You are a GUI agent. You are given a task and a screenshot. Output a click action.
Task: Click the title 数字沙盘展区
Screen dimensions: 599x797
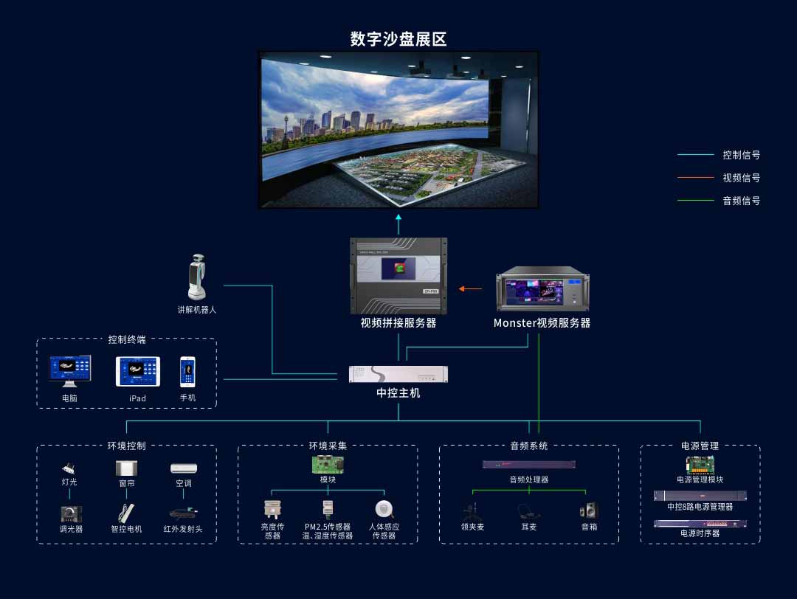click(398, 39)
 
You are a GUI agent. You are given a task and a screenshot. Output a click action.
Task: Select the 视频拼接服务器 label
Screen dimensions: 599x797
click(398, 323)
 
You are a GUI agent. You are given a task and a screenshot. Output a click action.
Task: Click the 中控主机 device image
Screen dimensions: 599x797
click(398, 374)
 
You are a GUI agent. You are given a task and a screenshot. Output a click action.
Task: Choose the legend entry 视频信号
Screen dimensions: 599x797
click(741, 178)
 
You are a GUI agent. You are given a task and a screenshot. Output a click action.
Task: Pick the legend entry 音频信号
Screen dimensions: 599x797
click(741, 201)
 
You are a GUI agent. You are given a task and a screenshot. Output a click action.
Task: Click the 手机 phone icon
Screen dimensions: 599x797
click(188, 372)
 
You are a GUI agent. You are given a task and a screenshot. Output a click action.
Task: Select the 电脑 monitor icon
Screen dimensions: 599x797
click(69, 371)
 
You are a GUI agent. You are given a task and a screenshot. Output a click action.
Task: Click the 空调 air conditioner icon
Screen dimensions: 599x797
click(184, 468)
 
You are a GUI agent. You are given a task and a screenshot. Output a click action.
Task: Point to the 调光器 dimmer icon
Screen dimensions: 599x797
click(72, 513)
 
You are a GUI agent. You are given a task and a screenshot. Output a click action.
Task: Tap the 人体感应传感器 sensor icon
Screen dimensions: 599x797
click(384, 509)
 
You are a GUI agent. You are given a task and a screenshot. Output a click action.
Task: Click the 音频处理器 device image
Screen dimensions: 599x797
click(529, 465)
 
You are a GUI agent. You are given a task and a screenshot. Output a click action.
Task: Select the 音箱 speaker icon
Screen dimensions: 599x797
click(589, 510)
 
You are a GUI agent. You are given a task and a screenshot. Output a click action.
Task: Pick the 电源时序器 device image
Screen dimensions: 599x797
click(700, 524)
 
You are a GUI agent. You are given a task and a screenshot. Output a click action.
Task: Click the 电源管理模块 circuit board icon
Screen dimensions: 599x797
click(700, 465)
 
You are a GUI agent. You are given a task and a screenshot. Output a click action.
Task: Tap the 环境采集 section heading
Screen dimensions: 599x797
click(328, 446)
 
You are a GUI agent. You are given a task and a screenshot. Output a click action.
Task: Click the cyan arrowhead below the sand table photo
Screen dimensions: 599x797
click(398, 218)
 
